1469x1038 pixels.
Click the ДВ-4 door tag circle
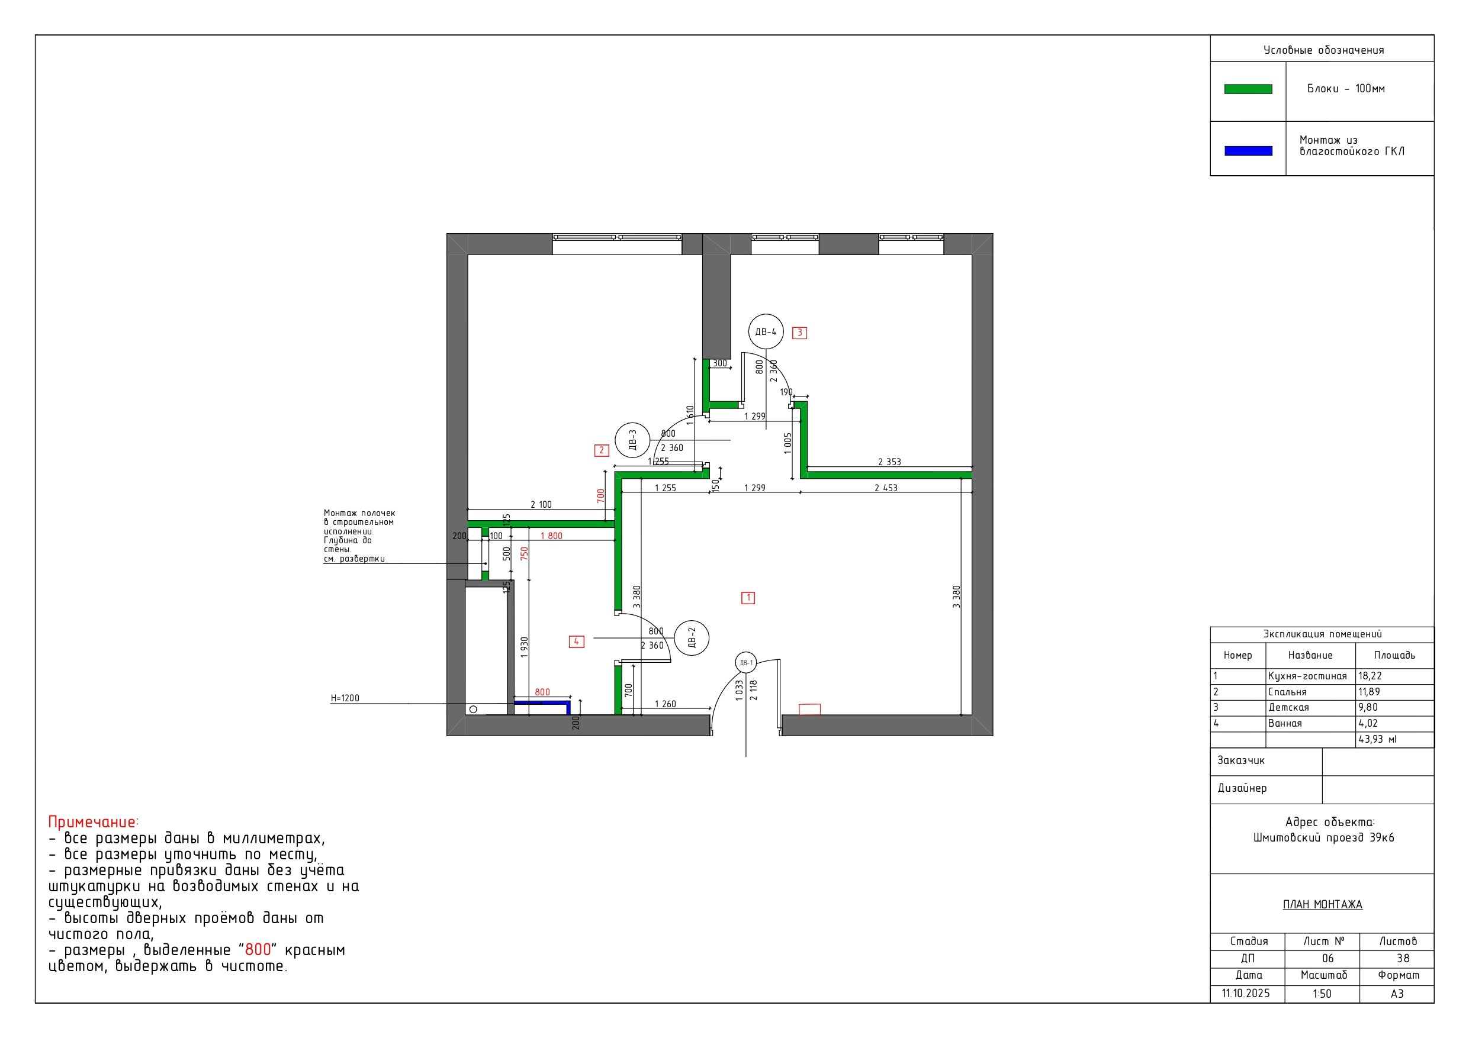[x=766, y=331]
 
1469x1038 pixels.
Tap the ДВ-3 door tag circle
[x=632, y=441]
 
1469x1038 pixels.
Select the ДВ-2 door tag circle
[x=692, y=639]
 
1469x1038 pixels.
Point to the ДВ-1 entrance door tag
[x=747, y=663]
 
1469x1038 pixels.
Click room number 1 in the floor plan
[x=748, y=598]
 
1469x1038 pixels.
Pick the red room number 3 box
[x=799, y=333]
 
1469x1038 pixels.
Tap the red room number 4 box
[x=577, y=642]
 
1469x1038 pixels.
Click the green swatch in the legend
[x=1248, y=89]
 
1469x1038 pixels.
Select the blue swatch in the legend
[x=1248, y=151]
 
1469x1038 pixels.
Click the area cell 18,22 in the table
[x=1370, y=676]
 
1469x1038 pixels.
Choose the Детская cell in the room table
[x=1288, y=707]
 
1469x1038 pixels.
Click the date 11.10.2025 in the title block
[x=1246, y=993]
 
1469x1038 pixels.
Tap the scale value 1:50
[x=1322, y=993]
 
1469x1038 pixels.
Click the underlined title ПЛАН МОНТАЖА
[x=1323, y=904]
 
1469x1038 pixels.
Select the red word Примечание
[x=92, y=823]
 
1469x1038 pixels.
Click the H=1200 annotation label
[x=345, y=698]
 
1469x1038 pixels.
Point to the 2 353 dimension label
[x=889, y=462]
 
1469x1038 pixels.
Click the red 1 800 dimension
[x=551, y=536]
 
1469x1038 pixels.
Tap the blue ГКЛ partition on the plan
[x=542, y=704]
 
